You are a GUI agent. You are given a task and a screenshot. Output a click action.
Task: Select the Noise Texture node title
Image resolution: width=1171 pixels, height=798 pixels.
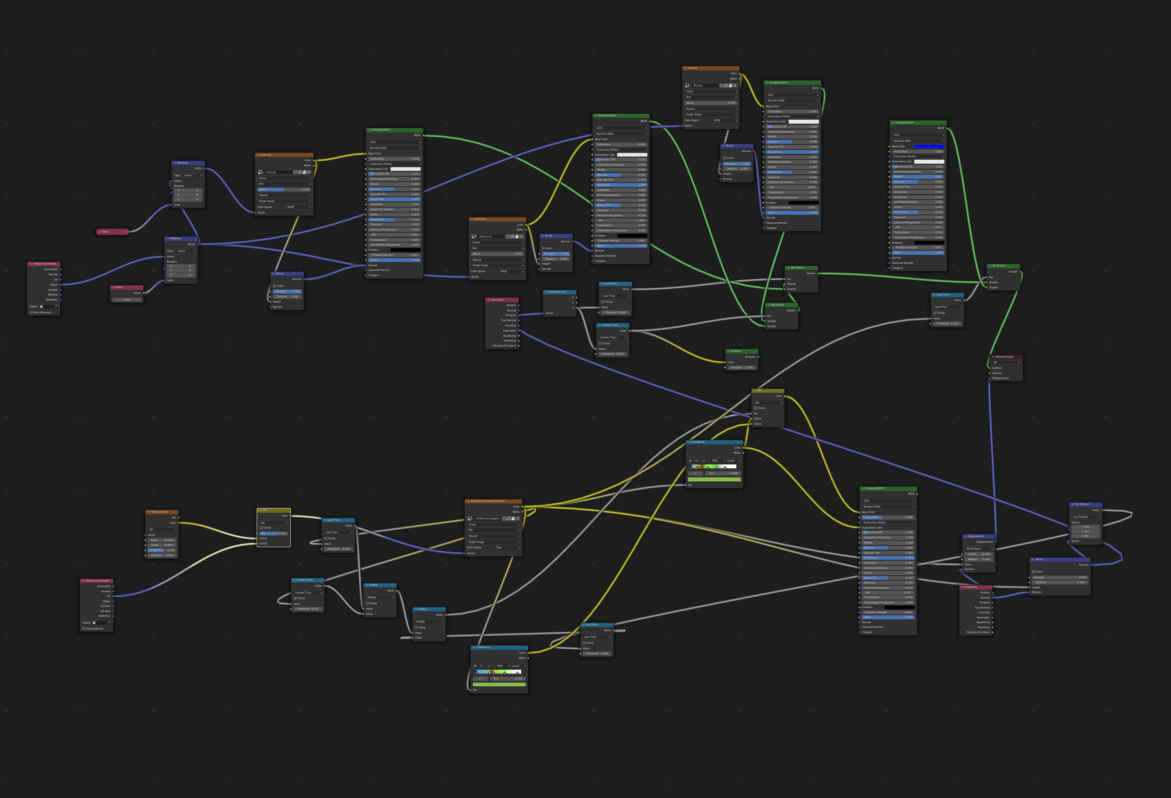160,512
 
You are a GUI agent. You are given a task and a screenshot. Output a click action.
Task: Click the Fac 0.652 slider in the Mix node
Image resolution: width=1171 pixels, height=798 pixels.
274,533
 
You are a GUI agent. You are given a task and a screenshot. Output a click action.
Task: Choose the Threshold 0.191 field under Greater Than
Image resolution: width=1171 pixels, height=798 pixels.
307,609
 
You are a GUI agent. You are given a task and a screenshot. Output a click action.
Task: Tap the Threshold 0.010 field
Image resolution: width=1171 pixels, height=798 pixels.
947,324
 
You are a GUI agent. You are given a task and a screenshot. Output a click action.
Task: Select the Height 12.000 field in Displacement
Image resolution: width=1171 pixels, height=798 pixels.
978,554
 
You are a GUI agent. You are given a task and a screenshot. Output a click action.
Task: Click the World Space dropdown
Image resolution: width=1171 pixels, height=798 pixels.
978,548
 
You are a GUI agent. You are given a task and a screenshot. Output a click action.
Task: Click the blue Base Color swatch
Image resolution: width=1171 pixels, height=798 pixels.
929,146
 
